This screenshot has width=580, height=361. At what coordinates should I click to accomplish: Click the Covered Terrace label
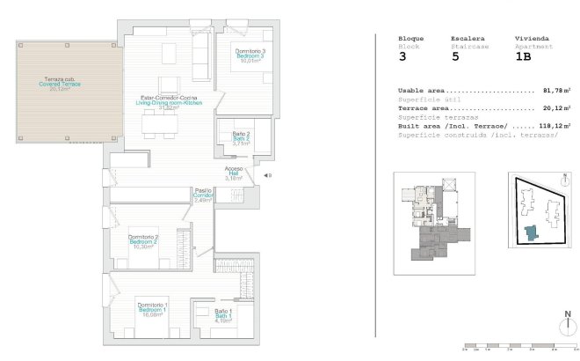tap(60, 84)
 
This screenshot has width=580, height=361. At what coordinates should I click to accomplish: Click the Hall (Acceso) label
tap(233, 173)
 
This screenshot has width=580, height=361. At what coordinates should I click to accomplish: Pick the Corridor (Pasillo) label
tap(203, 195)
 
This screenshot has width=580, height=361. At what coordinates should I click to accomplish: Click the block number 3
tap(402, 56)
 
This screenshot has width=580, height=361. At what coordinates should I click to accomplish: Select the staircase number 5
tap(454, 56)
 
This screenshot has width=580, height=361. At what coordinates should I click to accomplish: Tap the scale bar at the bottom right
tap(518, 346)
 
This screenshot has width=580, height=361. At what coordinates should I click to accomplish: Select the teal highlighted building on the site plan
tap(530, 233)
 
